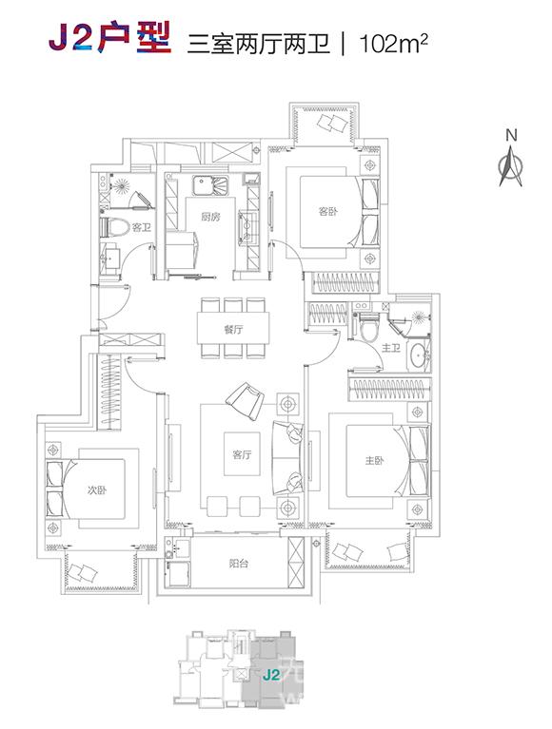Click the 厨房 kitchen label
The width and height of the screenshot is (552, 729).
coord(211,217)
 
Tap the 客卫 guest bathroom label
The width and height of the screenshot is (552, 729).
coord(142,228)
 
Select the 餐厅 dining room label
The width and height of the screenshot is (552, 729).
coord(233,330)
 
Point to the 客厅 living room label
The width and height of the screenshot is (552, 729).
coord(242,454)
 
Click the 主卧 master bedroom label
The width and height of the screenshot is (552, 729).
coord(374,461)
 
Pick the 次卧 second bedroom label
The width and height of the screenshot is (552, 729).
coord(97,490)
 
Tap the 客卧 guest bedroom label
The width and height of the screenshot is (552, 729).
coord(328,212)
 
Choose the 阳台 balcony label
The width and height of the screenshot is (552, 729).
coord(239,564)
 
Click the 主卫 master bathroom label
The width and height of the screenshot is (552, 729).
coord(390,348)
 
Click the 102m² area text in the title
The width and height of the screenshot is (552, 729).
coord(393,44)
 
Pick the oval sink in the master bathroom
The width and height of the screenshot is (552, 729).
coord(419,356)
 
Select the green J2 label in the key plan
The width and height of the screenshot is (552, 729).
coord(270,675)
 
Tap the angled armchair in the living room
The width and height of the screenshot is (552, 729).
coord(245,399)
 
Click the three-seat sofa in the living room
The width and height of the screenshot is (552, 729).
coord(287,458)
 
